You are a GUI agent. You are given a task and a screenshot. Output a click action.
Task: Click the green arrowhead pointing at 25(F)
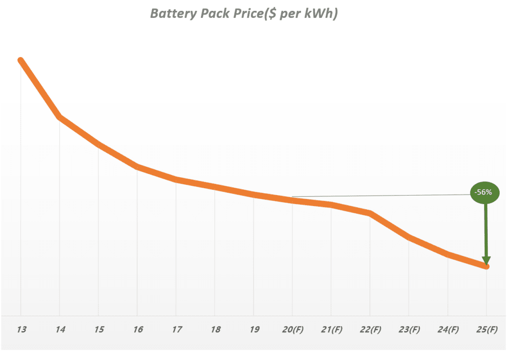tap(486, 260)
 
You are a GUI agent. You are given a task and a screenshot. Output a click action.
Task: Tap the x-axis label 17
tap(176, 330)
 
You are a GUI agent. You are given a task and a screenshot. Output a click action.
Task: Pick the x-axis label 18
tap(214, 330)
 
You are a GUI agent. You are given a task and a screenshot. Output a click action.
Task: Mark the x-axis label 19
tap(253, 330)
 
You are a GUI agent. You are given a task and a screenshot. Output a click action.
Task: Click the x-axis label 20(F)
tap(292, 330)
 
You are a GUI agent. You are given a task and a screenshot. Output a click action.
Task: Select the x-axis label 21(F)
tap(331, 330)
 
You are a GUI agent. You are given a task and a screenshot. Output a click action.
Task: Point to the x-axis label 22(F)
tap(370, 330)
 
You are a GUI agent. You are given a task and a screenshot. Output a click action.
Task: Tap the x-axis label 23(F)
tap(408, 330)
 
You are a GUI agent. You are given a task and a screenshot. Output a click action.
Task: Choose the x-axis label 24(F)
tap(448, 330)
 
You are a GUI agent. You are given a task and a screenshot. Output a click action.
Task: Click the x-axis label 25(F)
tap(486, 330)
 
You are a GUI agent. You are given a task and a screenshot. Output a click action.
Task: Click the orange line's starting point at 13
tap(21, 60)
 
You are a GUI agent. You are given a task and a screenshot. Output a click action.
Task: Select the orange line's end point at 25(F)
tap(487, 266)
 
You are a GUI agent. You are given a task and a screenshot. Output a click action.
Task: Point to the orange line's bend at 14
tap(59, 117)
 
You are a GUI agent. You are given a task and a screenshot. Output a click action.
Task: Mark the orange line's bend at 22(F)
tap(370, 213)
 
